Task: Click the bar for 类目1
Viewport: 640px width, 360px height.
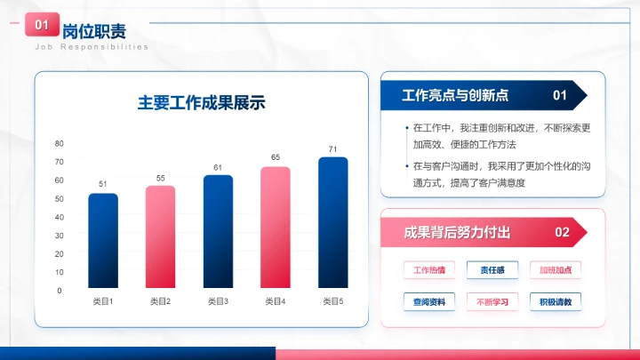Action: tap(103, 241)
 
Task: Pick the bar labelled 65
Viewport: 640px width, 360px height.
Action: tap(276, 228)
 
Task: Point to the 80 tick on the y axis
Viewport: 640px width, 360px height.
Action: tap(60, 143)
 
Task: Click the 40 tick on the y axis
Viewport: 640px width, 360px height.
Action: tap(60, 217)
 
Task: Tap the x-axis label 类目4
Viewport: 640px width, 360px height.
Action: tap(276, 302)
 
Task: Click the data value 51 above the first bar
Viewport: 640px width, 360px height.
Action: tap(103, 184)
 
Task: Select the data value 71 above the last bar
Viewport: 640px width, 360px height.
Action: tap(332, 149)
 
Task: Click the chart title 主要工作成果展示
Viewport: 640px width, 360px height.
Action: tap(202, 102)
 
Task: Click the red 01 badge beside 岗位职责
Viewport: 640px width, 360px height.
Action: tap(42, 26)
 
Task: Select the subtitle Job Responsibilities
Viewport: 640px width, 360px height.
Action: tap(92, 46)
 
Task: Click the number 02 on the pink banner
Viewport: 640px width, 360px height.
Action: tap(562, 233)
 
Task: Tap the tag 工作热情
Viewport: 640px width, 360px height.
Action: tap(429, 269)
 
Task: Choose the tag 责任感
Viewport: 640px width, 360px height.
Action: tap(492, 269)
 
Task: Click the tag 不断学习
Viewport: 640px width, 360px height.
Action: tap(492, 301)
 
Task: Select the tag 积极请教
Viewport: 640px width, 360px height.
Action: tap(555, 301)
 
